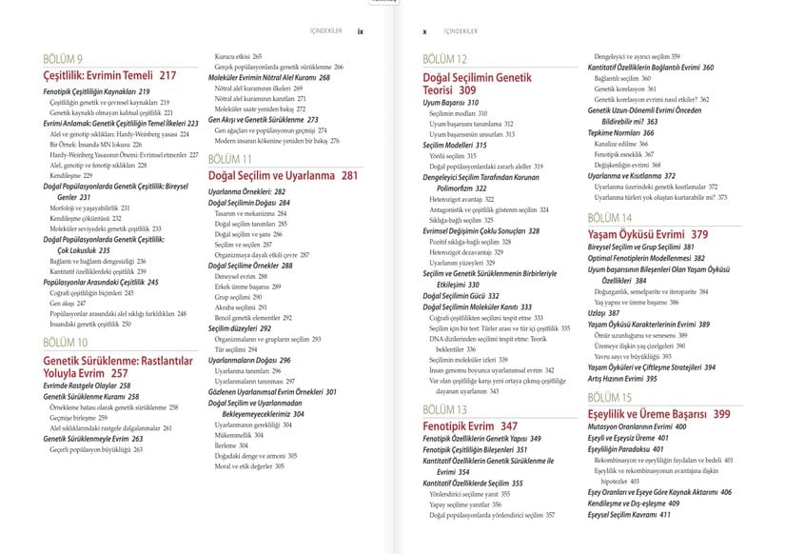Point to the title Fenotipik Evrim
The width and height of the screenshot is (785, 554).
[460, 425]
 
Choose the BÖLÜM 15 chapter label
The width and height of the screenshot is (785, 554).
[609, 397]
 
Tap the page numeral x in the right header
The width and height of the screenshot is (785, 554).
[424, 30]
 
